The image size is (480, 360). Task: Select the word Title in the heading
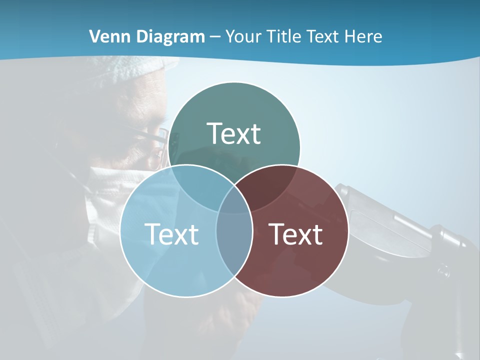(x=285, y=36)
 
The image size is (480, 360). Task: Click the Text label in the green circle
(x=234, y=133)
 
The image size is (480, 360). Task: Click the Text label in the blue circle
(x=171, y=234)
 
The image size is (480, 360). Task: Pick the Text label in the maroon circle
(x=296, y=234)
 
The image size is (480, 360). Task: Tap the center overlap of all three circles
(x=234, y=202)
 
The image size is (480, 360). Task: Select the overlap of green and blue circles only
(x=197, y=187)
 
